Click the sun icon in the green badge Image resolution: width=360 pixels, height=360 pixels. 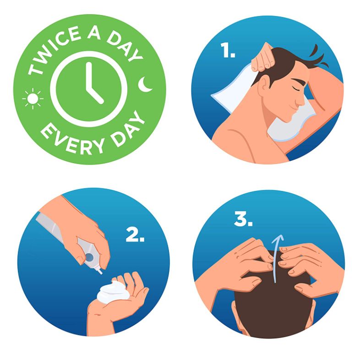pos(33,98)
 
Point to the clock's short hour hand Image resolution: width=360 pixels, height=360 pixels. pos(95,95)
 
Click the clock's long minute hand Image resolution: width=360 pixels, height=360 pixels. pos(89,76)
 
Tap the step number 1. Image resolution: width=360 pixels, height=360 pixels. pos(228,50)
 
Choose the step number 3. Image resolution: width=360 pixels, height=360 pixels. pos(243,219)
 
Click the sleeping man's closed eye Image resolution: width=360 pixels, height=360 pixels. pos(295,88)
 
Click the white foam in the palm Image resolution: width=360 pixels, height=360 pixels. pos(112,291)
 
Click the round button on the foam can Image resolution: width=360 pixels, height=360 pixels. pos(89,257)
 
